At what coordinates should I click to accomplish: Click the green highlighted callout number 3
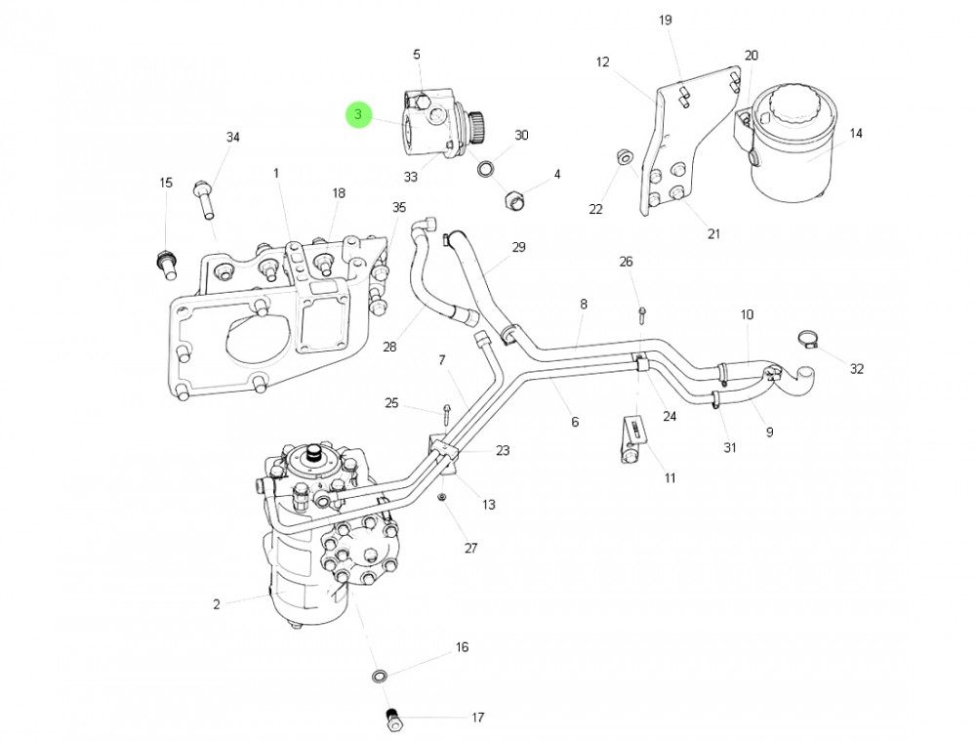click(358, 115)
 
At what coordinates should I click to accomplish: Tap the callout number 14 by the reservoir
click(856, 134)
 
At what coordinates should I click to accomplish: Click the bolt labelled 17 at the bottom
click(394, 720)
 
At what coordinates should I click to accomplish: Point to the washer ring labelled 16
click(379, 676)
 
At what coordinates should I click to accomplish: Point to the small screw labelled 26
click(643, 313)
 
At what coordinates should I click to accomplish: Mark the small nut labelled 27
click(442, 497)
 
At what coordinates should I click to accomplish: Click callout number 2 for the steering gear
click(217, 604)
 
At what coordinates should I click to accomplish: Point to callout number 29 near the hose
click(518, 247)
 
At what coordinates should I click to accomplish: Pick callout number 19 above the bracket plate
click(666, 21)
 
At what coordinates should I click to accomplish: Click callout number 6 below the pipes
click(575, 422)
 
